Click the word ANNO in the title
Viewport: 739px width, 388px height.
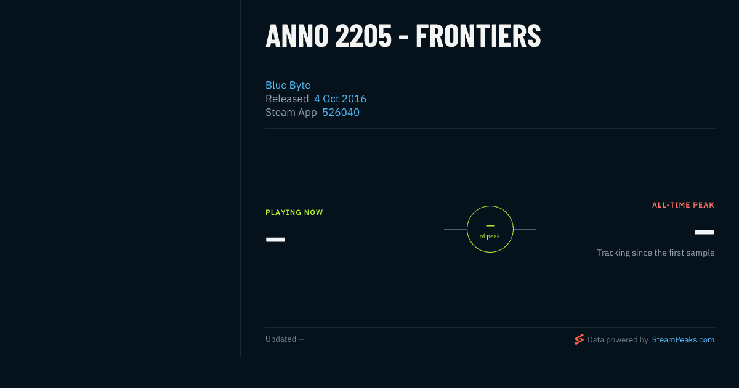click(x=297, y=36)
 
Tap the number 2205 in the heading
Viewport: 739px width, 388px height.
click(x=363, y=36)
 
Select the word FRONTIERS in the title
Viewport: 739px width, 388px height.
click(x=478, y=36)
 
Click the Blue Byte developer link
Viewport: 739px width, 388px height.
click(x=288, y=85)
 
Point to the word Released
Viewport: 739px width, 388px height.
click(x=287, y=99)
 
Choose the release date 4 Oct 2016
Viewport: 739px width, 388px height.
click(x=340, y=99)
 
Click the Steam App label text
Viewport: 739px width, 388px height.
click(x=291, y=113)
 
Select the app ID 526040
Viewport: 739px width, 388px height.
click(x=341, y=113)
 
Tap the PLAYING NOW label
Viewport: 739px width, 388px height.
click(x=294, y=212)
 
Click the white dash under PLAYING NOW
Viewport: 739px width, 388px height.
click(x=275, y=240)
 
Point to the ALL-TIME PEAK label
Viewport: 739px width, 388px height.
click(x=683, y=205)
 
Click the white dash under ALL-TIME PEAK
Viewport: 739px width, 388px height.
click(x=704, y=232)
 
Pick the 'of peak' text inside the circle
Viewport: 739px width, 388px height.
click(x=490, y=236)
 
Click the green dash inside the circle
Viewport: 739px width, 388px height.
click(x=490, y=225)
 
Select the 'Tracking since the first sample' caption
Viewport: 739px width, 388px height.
click(x=655, y=253)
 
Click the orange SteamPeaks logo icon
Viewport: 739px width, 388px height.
click(x=579, y=339)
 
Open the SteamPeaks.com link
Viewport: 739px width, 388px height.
click(x=683, y=340)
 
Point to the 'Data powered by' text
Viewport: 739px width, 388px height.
click(x=618, y=340)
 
